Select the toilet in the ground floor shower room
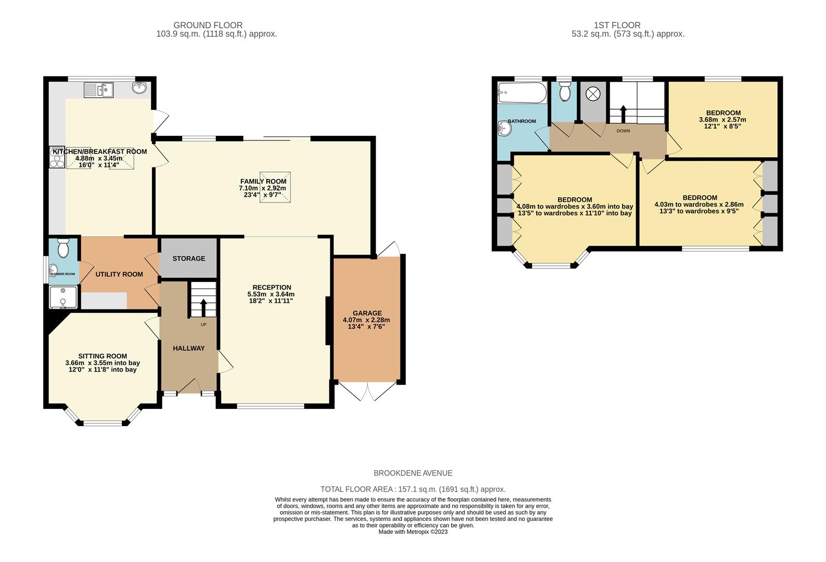63,249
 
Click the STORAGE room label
189,259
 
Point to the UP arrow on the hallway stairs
203,306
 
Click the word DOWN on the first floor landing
623,131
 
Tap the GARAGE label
367,313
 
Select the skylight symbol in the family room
275,187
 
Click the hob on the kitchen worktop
56,157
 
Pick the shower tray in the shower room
63,297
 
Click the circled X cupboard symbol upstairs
592,94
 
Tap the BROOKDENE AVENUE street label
413,473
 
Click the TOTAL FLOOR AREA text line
413,489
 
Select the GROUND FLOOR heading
208,25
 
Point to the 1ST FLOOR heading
617,25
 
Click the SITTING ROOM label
102,356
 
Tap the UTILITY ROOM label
119,274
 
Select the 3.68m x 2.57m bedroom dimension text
722,120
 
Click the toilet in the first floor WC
564,93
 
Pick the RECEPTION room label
272,287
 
